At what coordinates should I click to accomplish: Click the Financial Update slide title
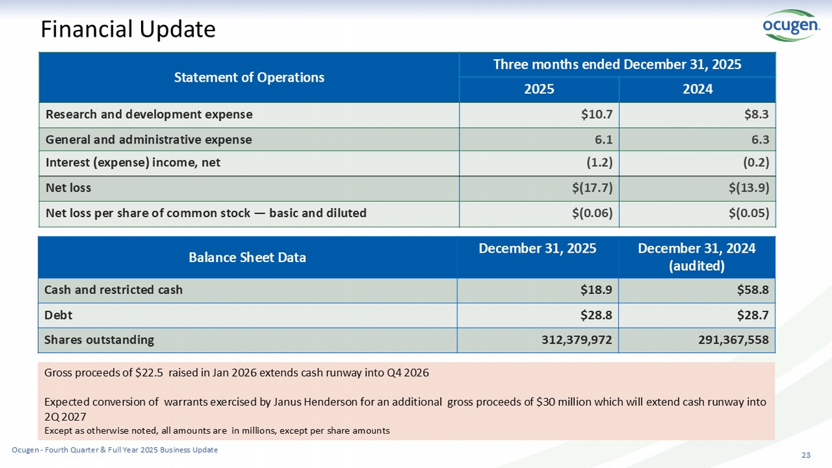click(128, 29)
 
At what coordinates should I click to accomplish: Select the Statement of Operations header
click(249, 77)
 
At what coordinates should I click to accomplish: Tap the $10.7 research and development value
click(597, 114)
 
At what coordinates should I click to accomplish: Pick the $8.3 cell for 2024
click(756, 114)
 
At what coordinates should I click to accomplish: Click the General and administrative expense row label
click(149, 140)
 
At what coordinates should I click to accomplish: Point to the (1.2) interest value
click(599, 162)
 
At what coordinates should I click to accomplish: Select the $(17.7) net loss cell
click(592, 188)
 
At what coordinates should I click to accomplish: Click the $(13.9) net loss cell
click(749, 188)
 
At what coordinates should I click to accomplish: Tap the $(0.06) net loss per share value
click(592, 213)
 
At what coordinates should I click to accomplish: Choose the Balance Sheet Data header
click(247, 257)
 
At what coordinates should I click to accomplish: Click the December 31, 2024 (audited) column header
click(697, 257)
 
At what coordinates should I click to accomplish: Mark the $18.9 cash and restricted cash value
click(597, 290)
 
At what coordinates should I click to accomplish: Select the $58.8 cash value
click(753, 290)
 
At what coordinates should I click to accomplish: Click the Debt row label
click(58, 315)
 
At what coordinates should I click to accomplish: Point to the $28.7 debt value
click(753, 315)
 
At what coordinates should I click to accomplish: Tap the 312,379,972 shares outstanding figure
click(577, 340)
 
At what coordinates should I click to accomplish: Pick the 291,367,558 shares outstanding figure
click(733, 340)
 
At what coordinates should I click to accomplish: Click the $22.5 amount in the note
click(149, 373)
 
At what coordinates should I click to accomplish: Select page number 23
click(806, 455)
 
